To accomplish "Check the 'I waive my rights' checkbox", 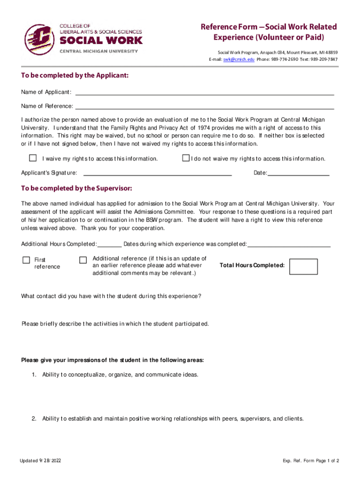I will pyautogui.click(x=33, y=158).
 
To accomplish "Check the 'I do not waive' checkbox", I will pyautogui.click(x=186, y=158).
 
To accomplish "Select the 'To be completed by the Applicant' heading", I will pyautogui.click(x=75, y=76).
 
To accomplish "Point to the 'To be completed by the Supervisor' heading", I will pyautogui.click(x=77, y=189).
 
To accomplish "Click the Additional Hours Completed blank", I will pyautogui.click(x=110, y=244).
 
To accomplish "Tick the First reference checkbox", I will pyautogui.click(x=27, y=260).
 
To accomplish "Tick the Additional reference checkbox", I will pyautogui.click(x=83, y=260).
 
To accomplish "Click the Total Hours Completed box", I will pyautogui.click(x=303, y=266).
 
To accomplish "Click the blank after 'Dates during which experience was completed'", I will pyautogui.click(x=289, y=244).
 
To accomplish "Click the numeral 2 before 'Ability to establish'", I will pyautogui.click(x=34, y=419).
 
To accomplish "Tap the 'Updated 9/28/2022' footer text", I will pyautogui.click(x=40, y=461).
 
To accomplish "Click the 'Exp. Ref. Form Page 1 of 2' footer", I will pyautogui.click(x=311, y=461).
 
